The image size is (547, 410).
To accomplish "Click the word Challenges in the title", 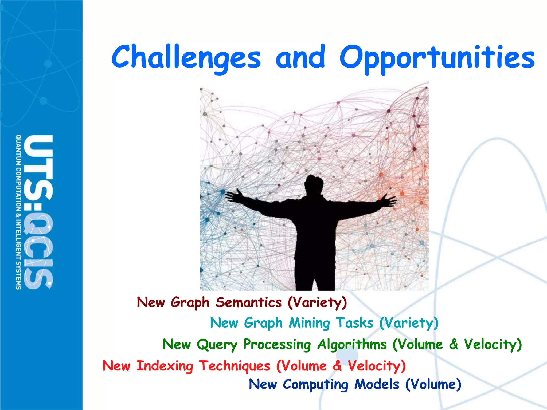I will (x=186, y=57).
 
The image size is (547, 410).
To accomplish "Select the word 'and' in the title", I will (x=300, y=57).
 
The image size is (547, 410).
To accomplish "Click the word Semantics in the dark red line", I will (x=248, y=302).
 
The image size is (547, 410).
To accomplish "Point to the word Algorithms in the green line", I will (x=352, y=344).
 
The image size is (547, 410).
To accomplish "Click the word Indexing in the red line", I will (x=165, y=366).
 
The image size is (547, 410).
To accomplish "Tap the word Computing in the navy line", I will (x=315, y=385).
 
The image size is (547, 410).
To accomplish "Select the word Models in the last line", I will (x=377, y=384).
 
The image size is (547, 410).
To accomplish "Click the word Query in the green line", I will (x=217, y=345).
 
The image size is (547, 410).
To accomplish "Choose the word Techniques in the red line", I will (x=235, y=366).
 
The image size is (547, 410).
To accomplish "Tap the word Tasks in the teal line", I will (x=354, y=323).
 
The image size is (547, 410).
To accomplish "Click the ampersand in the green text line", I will (x=454, y=344).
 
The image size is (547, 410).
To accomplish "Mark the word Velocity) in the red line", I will (x=377, y=366).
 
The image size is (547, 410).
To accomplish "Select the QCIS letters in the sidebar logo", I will (x=37, y=251).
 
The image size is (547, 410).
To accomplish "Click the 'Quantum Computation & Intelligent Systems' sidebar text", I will (x=18, y=212).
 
